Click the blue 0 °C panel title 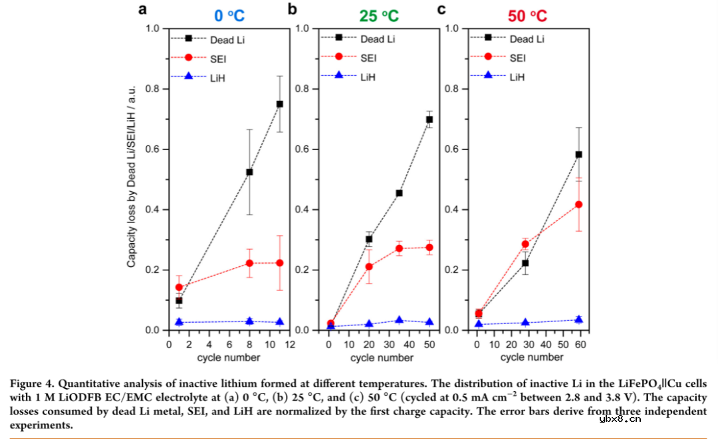[229, 15]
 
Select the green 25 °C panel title [379, 15]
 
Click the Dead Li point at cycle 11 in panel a [280, 104]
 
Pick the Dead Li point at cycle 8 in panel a [249, 172]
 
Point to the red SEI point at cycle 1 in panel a [179, 288]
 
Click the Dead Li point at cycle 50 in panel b [429, 120]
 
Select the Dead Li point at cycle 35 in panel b [399, 193]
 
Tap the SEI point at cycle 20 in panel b [369, 266]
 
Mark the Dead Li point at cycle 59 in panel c [578, 155]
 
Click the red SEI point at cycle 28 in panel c [525, 244]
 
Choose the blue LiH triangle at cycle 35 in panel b [399, 320]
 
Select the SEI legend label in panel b [369, 58]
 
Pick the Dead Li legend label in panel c [527, 39]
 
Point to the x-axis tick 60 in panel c [580, 345]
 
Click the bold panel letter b [292, 9]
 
